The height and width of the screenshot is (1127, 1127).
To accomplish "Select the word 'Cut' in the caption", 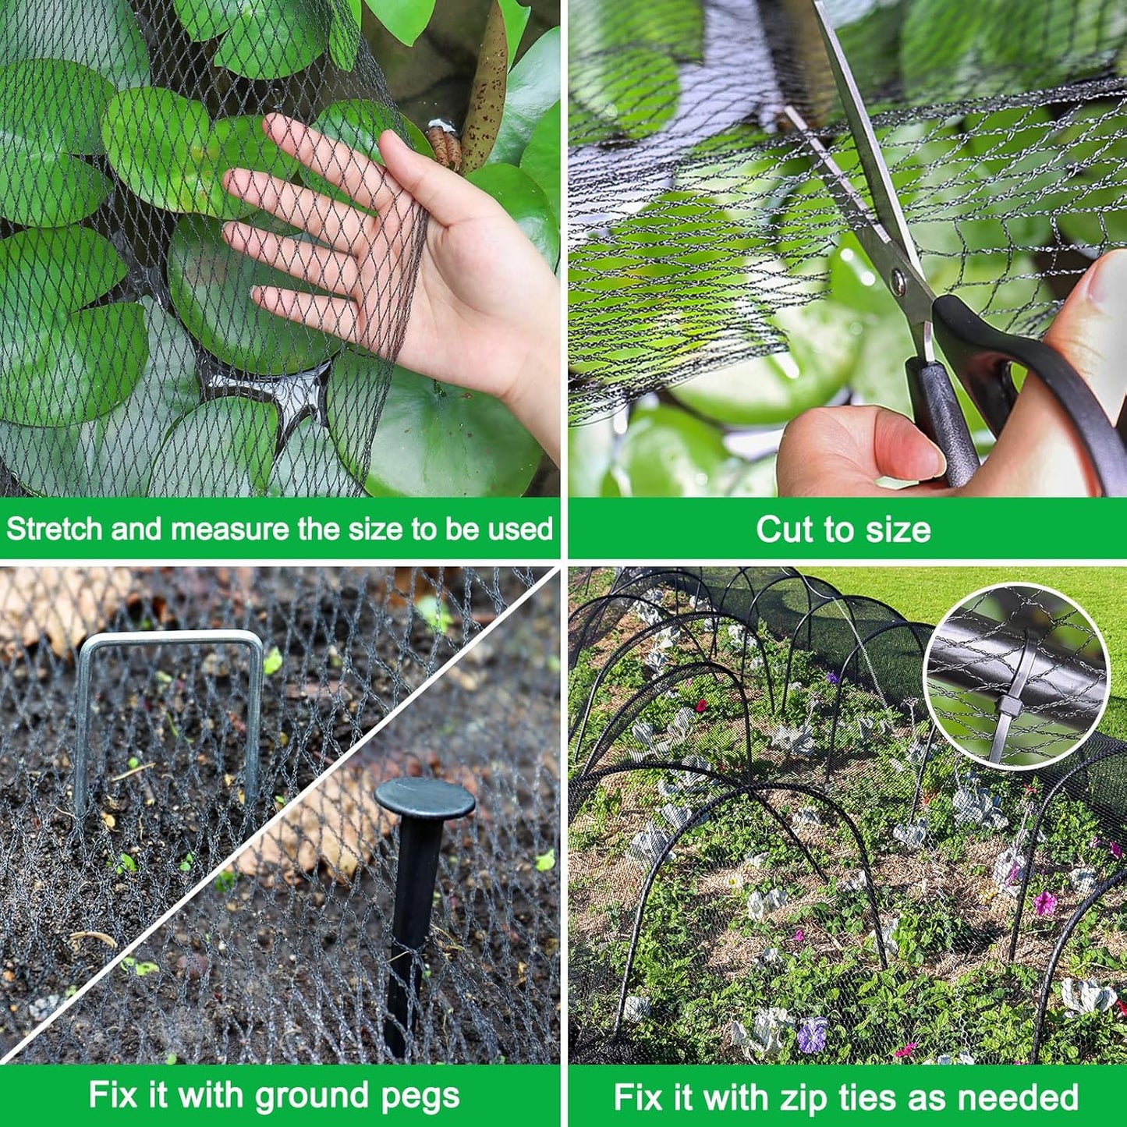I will pyautogui.click(x=781, y=530).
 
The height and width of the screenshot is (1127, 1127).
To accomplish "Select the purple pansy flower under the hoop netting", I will pyautogui.click(x=811, y=1033).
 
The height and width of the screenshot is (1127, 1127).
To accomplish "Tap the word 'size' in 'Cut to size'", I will pyautogui.click(x=897, y=530).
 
